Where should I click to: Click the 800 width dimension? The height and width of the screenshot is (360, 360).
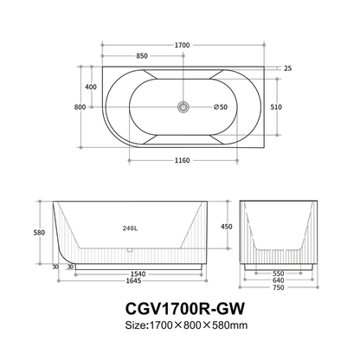pos(80,107)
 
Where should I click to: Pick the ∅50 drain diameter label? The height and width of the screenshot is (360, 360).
pos(220,107)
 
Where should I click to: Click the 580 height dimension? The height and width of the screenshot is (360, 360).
pos(39,232)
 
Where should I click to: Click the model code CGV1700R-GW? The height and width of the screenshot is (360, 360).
pos(180,310)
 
